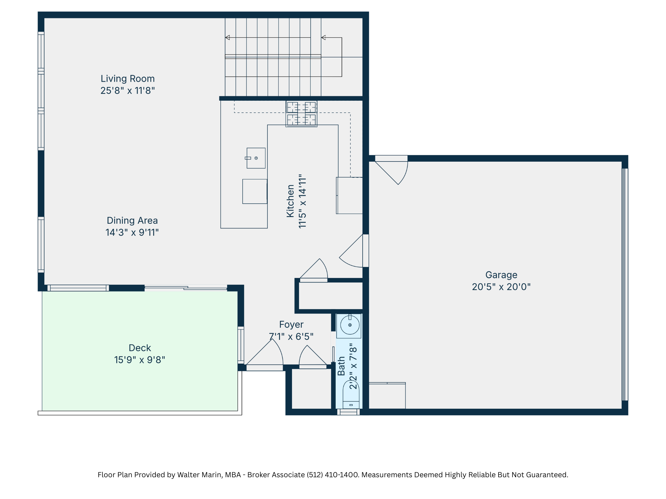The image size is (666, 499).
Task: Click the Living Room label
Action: pyautogui.click(x=127, y=79)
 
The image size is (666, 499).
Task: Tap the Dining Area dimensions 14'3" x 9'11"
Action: pyautogui.click(x=132, y=233)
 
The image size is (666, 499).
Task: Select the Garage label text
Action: pyautogui.click(x=501, y=275)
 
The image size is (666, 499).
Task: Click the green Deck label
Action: pyautogui.click(x=140, y=348)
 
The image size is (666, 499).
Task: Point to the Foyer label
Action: pyautogui.click(x=291, y=325)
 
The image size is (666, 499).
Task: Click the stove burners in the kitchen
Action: pyautogui.click(x=301, y=113)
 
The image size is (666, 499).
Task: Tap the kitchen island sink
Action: pyautogui.click(x=256, y=158)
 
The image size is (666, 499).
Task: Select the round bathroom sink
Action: pyautogui.click(x=350, y=325)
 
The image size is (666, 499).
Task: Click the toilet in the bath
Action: pyautogui.click(x=351, y=395)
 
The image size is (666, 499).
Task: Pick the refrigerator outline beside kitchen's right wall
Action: pyautogui.click(x=350, y=196)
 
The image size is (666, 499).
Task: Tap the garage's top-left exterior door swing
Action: pyautogui.click(x=393, y=171)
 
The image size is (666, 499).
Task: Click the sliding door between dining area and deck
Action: pyautogui.click(x=186, y=288)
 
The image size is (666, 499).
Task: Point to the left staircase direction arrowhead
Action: pyautogui.click(x=228, y=38)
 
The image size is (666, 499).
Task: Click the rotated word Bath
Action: pyautogui.click(x=341, y=366)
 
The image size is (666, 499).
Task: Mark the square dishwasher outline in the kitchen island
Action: pyautogui.click(x=255, y=191)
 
